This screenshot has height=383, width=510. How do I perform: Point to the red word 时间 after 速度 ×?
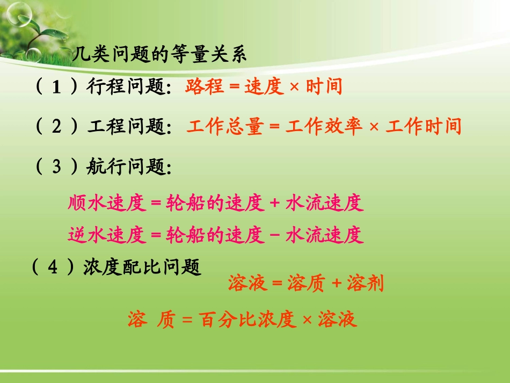pos(324,86)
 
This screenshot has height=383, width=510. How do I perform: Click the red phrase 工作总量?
pos(225,127)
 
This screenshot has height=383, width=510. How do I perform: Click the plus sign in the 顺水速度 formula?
pos(275,204)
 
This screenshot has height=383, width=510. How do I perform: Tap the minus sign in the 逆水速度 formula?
pos(275,235)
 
